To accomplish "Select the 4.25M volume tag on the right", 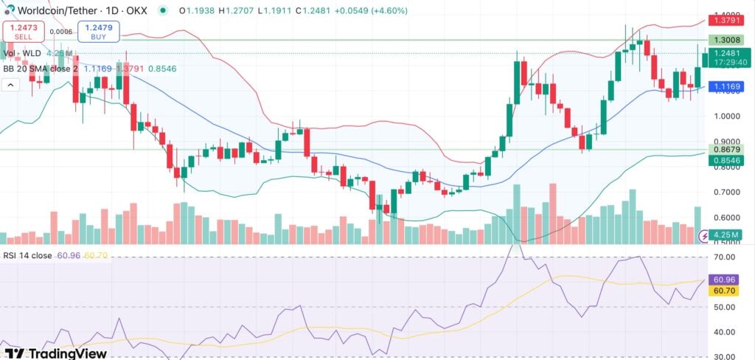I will pos(729,235).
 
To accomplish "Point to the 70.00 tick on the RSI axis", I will pos(726,257).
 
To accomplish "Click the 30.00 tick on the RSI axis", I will pos(726,356).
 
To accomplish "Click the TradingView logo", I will pos(55,353).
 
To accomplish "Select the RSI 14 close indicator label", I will pos(28,255).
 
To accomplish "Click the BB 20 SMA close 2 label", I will pos(41,69).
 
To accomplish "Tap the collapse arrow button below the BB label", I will pos(11,86).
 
